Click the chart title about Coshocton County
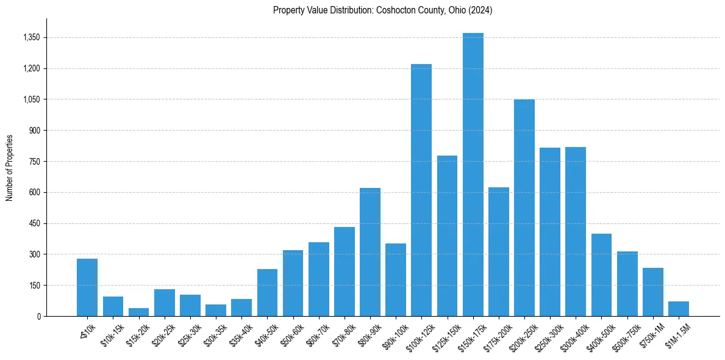pos(382,10)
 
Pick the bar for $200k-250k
pos(524,207)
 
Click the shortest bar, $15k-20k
pos(138,312)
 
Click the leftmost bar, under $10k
pos(87,287)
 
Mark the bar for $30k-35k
pos(216,310)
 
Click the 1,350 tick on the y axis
pos(31,38)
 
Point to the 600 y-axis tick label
pos(34,193)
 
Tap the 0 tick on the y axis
pos(38,316)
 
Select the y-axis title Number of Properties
pos(10,168)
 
